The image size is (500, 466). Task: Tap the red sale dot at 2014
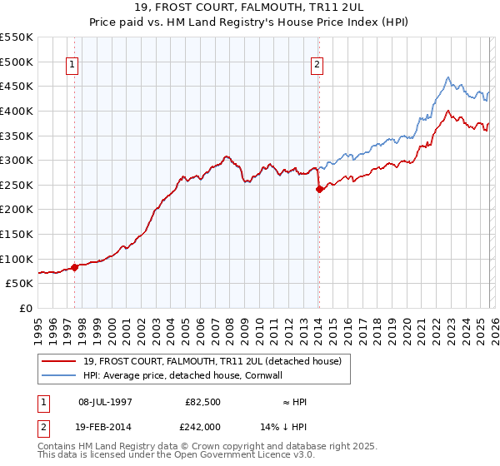[x=319, y=189]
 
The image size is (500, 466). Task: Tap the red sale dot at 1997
[x=75, y=267]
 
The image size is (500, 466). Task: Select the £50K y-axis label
[x=19, y=283]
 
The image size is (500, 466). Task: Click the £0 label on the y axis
[x=25, y=308]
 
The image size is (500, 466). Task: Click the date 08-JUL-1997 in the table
[x=105, y=402]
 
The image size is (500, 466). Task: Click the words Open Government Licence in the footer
[x=222, y=457]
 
